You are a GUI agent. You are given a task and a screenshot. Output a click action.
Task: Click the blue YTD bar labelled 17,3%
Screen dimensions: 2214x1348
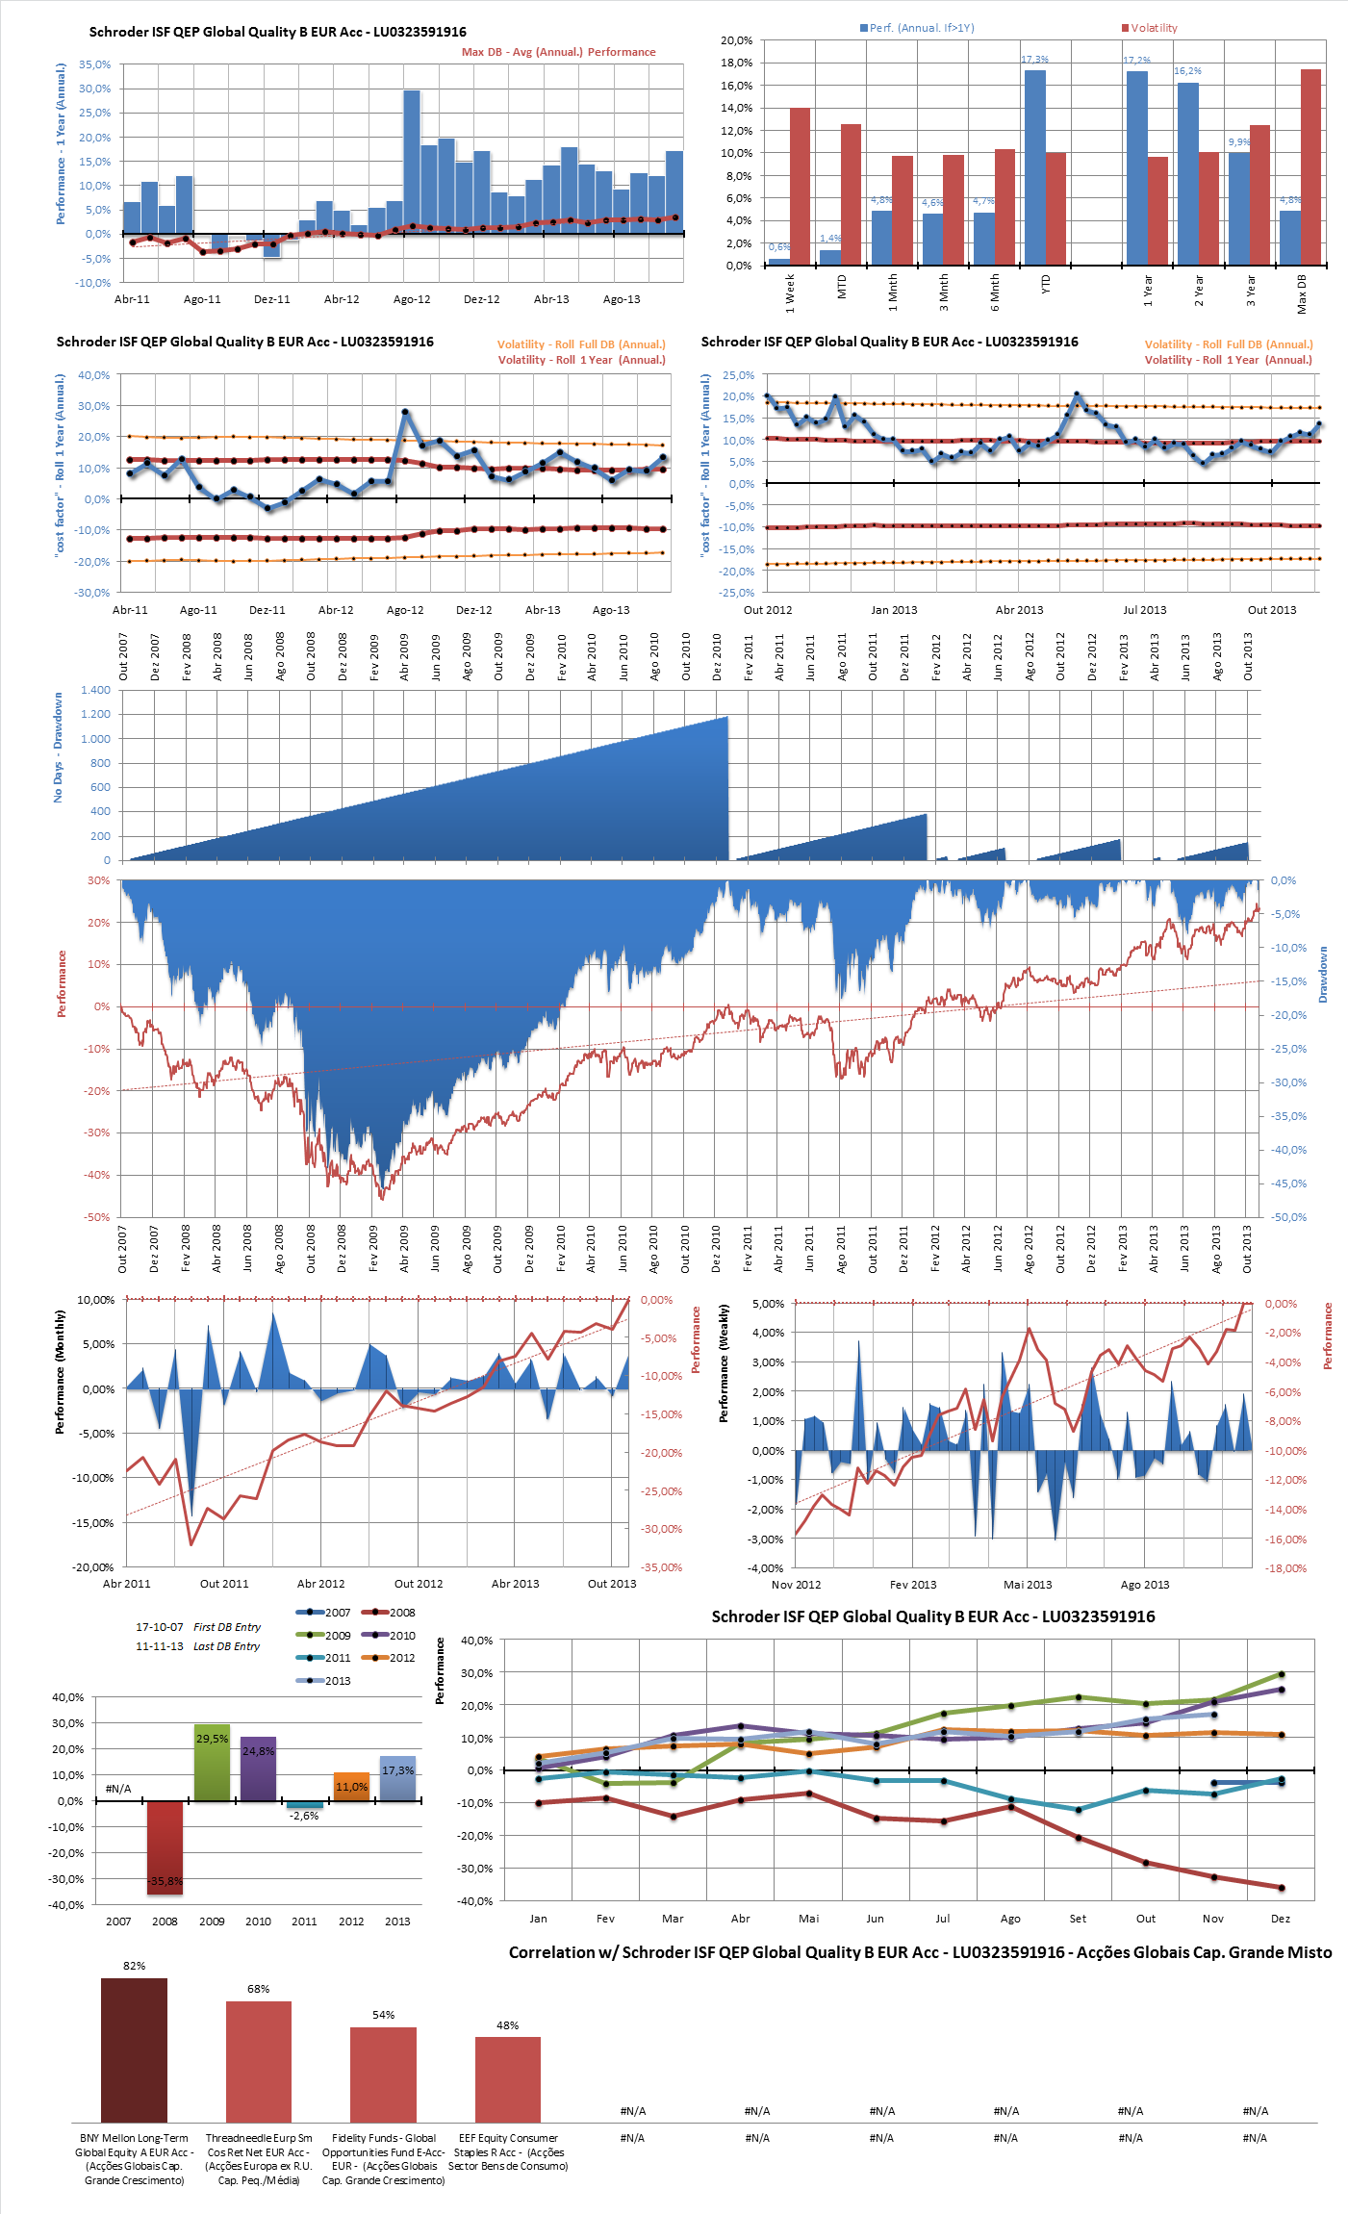1034,167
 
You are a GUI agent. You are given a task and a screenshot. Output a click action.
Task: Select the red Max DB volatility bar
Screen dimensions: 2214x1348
1310,167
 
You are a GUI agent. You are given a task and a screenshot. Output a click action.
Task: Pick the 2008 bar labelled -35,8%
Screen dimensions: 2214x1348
165,1847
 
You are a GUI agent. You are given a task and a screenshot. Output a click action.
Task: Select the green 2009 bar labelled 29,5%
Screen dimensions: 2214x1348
212,1762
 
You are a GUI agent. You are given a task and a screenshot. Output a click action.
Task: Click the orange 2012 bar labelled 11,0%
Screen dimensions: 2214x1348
351,1786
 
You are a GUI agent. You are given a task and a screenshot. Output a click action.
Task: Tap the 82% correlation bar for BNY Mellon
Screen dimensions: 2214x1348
134,2049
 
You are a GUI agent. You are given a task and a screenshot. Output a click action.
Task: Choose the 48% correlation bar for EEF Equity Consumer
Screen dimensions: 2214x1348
507,2078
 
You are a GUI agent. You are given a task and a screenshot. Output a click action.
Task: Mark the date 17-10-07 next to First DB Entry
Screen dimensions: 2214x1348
159,1627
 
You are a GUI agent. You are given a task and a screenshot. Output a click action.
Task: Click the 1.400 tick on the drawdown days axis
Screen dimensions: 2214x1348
95,690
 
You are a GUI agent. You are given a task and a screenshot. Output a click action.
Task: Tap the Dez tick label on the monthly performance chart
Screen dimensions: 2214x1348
1280,1918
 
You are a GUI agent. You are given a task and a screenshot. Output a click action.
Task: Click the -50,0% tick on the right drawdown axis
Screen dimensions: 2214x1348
1288,1217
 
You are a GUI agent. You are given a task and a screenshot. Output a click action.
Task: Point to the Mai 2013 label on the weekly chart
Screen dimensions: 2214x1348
1028,1584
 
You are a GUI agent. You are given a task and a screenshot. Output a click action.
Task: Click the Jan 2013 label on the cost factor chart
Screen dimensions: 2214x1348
894,609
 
